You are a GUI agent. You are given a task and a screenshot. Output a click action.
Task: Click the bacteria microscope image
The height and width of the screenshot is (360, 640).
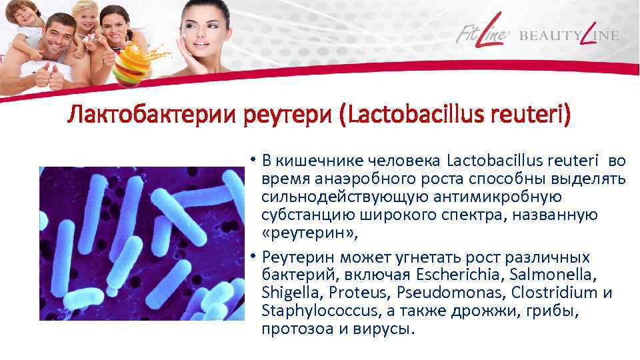click(x=140, y=243)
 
